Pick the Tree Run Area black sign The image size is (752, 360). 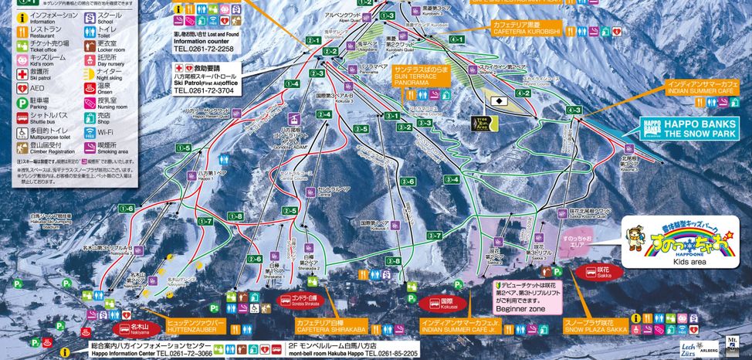(480, 124)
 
